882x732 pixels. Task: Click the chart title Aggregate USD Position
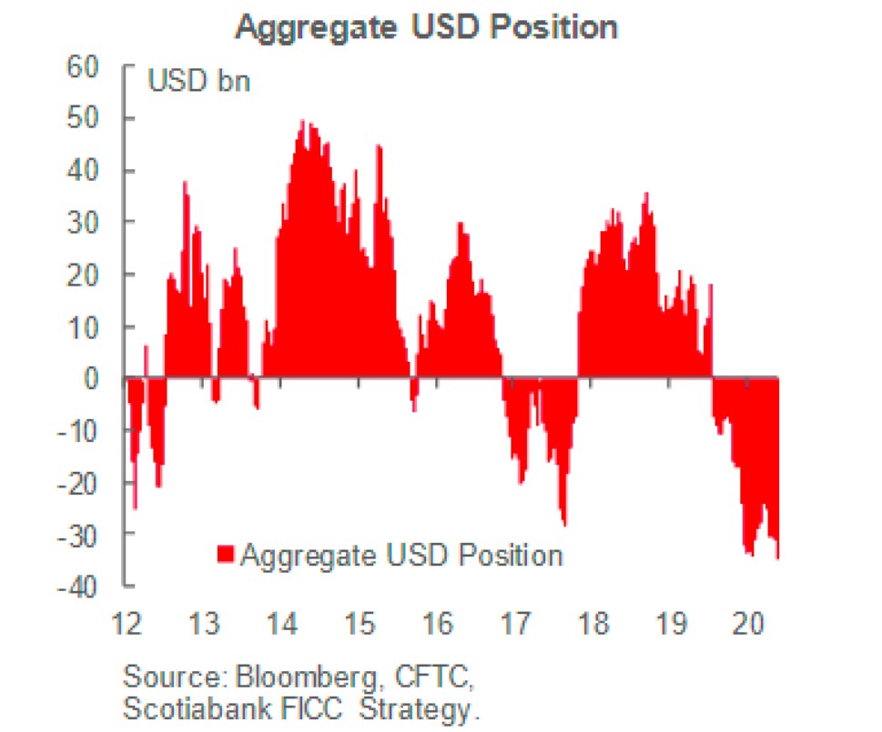[x=427, y=26]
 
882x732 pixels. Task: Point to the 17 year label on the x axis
[x=515, y=625]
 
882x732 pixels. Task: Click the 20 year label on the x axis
[x=748, y=625]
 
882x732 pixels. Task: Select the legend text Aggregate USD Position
[x=401, y=554]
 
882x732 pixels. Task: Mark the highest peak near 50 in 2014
[x=304, y=122]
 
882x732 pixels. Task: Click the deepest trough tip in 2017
[x=565, y=524]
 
